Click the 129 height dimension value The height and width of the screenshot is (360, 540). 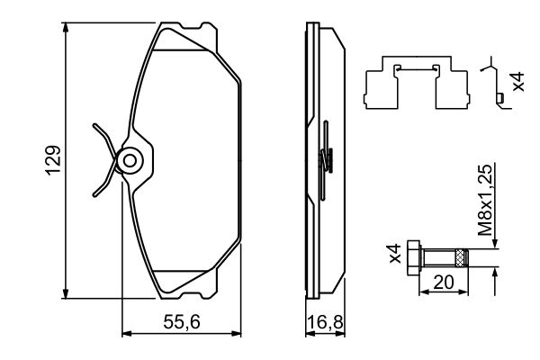(53, 160)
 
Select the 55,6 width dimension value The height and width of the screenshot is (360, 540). (182, 320)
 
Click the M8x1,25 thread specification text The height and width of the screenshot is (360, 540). (485, 200)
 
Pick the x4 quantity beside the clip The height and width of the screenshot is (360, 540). (517, 83)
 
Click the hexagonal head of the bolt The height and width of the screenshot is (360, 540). (414, 258)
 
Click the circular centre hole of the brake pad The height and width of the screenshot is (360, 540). (130, 161)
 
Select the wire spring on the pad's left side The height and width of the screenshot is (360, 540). (103, 160)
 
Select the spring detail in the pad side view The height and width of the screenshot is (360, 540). (328, 160)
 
